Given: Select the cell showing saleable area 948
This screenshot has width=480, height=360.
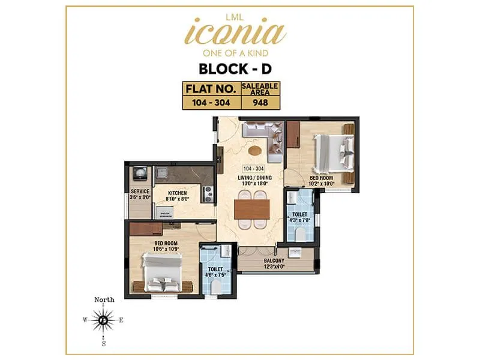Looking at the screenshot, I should coord(260,102).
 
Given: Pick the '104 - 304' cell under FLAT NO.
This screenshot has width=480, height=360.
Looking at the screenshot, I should coord(211,102).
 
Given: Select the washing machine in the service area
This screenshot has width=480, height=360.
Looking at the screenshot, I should coord(140,173).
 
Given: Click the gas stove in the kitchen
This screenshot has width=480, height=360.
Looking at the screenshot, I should coord(209,194).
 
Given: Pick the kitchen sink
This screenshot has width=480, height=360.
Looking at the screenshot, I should coord(161,174).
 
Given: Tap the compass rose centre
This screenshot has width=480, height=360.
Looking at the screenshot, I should coord(104,320).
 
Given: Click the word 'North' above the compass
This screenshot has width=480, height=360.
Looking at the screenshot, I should coord(104,300).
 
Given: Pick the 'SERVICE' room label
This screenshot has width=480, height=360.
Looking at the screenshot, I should coord(139,192).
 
